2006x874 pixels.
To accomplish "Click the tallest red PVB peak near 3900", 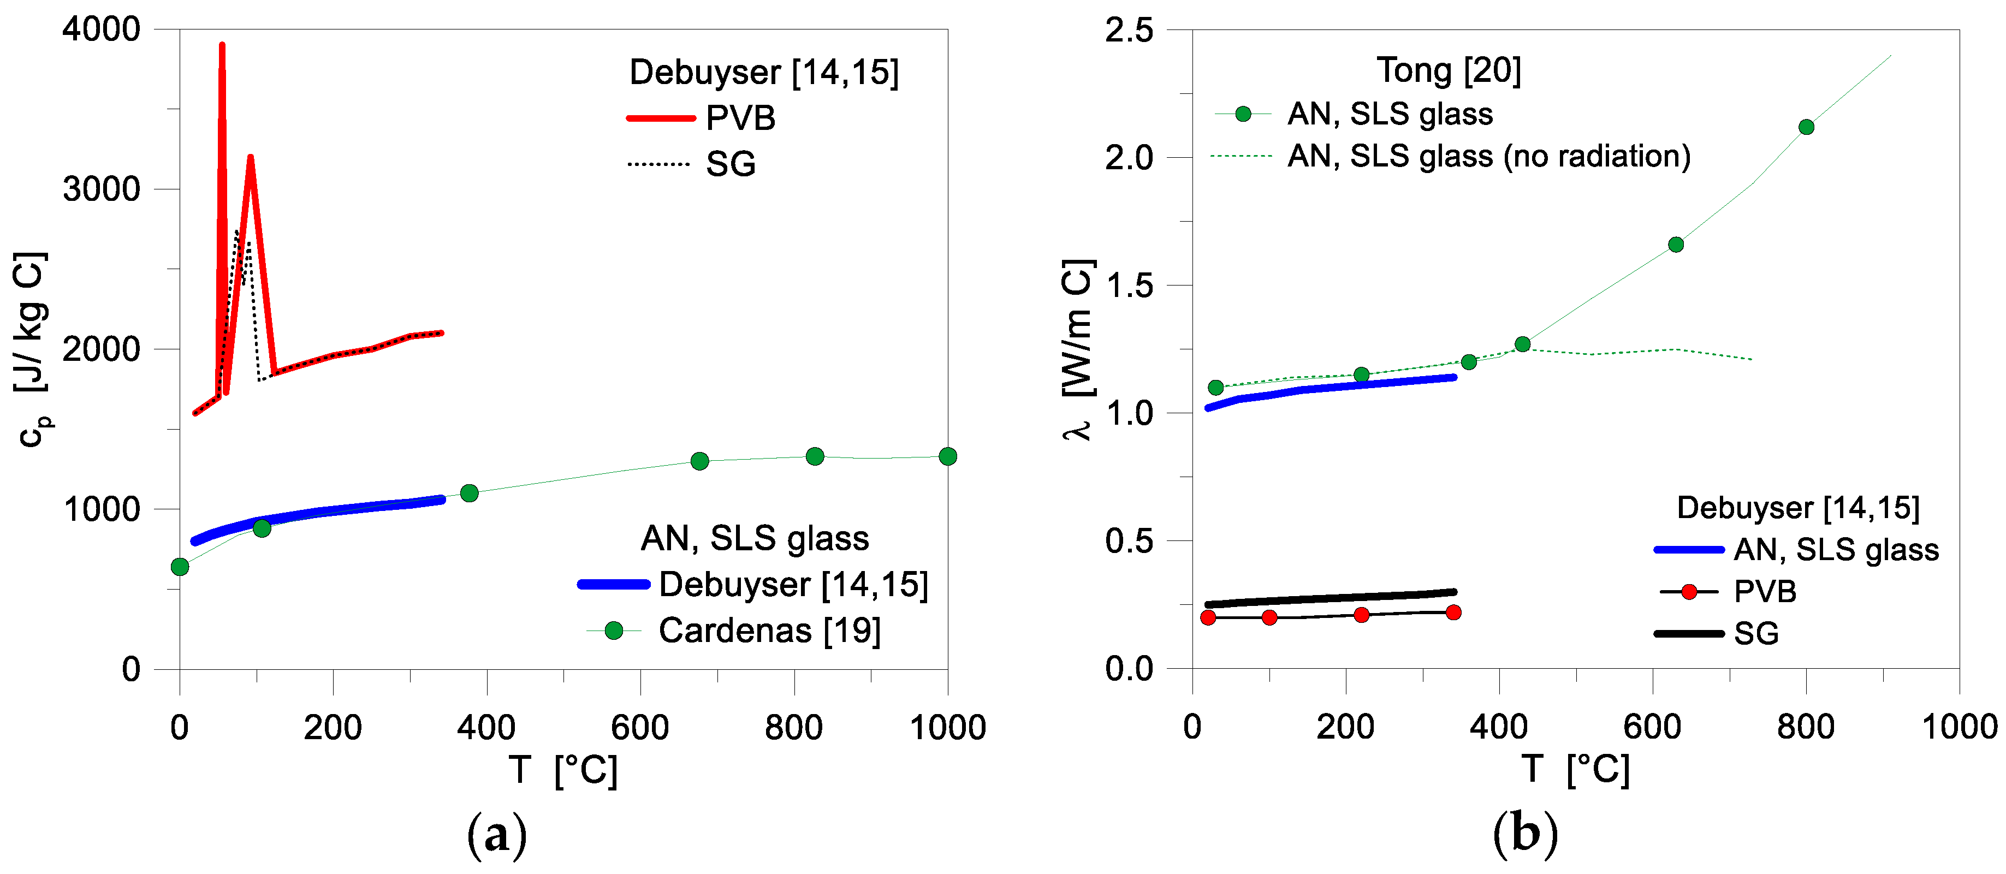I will [x=222, y=47].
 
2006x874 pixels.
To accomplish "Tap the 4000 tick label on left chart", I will [x=101, y=29].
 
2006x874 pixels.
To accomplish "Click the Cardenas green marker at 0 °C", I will [x=180, y=567].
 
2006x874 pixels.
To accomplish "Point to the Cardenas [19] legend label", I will [x=769, y=631].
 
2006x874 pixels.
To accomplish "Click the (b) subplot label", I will [x=1525, y=834].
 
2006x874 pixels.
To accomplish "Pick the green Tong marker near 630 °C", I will [x=1676, y=245].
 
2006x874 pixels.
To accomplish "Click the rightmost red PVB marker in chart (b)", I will [x=1453, y=613].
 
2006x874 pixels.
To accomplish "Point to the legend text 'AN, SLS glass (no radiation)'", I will [x=1488, y=157].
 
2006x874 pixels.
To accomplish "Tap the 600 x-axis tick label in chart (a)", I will [x=640, y=728].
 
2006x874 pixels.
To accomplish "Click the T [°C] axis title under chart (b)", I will [x=1575, y=770].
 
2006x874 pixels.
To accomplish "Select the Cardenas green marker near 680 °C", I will [x=699, y=461].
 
